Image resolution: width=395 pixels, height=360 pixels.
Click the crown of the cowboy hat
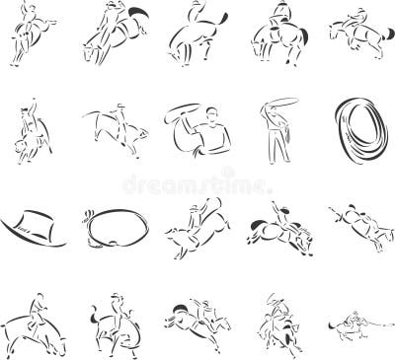(39, 220)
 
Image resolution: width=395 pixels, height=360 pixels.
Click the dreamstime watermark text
(197, 183)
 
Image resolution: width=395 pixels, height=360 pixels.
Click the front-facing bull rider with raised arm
(31, 132)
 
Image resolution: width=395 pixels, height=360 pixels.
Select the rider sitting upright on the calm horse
(277, 35)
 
